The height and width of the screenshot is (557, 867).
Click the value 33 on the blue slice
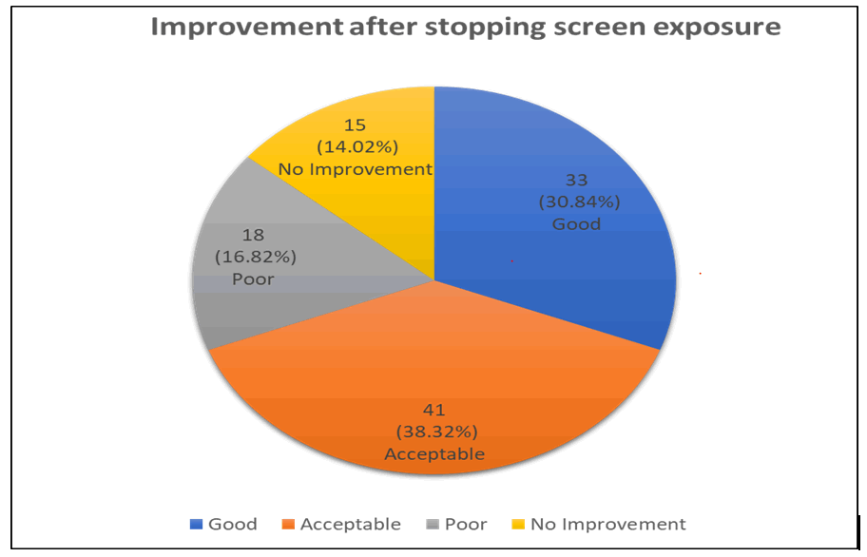(x=579, y=182)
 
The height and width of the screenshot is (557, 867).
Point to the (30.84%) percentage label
(x=579, y=202)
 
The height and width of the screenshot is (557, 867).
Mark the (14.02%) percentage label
(x=354, y=148)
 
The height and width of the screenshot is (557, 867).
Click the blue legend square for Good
(x=196, y=525)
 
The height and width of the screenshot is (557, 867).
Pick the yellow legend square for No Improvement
(x=517, y=525)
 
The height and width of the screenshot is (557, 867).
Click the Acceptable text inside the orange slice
(x=433, y=454)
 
